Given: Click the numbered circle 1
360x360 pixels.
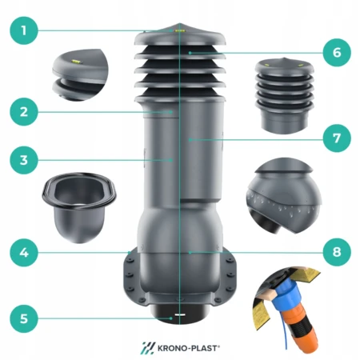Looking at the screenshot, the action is coord(24,30).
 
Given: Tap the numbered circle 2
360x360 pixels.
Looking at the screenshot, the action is coord(24,112).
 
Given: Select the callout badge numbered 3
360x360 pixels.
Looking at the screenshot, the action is coord(24,160).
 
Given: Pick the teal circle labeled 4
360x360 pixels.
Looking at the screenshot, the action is coord(24,252).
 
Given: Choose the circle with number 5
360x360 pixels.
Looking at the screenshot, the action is coord(24,318).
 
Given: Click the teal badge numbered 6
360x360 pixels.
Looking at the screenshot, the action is coord(337,53).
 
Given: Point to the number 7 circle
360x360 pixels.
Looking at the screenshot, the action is coord(337,138).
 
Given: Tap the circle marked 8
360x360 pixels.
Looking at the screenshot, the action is coord(337,252).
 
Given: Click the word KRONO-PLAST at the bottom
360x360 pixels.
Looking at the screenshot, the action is coord(189,348).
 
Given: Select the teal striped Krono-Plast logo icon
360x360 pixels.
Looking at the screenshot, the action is coord(147,348).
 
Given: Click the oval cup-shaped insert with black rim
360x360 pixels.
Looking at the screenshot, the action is coord(79,206).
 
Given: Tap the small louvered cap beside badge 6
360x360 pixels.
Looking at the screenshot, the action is coord(284,94).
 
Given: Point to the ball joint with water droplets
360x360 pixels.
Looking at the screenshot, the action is coord(284,196).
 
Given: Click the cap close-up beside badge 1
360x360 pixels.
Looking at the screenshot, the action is coord(80,74).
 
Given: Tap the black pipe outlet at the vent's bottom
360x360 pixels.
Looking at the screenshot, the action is coord(180,314).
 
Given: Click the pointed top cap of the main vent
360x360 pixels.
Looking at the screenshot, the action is coord(180,34).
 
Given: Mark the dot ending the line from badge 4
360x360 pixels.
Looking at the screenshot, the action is coord(130,252).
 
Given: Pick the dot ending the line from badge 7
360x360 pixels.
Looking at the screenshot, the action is coord(190,139).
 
